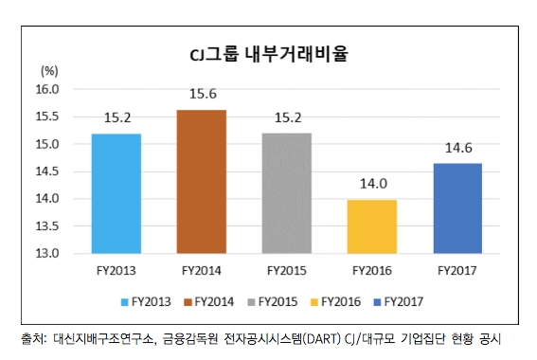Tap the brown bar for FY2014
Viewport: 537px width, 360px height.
point(200,182)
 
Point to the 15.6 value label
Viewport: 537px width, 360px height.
point(201,95)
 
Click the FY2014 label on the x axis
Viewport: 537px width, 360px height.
point(200,272)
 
